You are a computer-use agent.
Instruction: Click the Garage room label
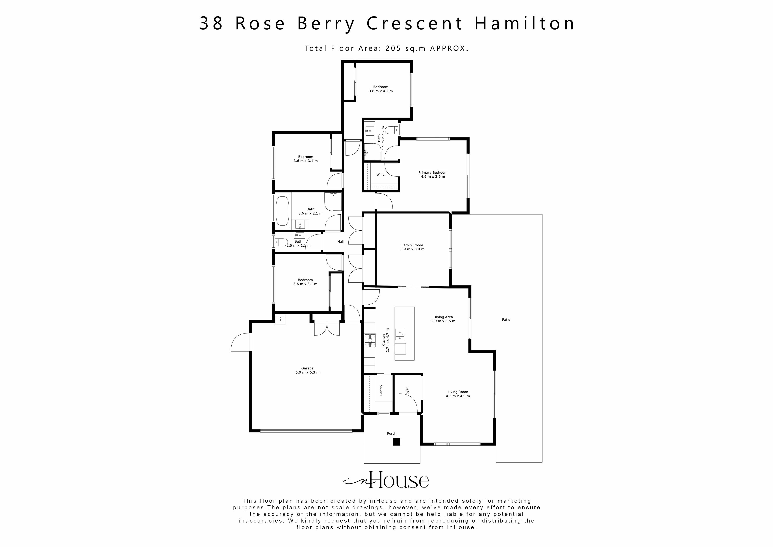coord(307,368)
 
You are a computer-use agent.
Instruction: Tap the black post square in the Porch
coord(397,442)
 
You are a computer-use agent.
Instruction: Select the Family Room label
coord(412,245)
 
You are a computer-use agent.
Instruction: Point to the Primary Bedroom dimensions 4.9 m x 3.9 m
coord(433,177)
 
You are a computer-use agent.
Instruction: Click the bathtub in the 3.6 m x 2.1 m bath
coord(282,211)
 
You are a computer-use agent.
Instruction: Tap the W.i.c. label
coord(381,174)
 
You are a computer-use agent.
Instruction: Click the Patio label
coord(506,320)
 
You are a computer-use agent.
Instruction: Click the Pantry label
coord(381,390)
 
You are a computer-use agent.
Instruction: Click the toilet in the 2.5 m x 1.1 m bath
coord(281,242)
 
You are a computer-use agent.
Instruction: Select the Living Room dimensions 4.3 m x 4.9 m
coord(458,396)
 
